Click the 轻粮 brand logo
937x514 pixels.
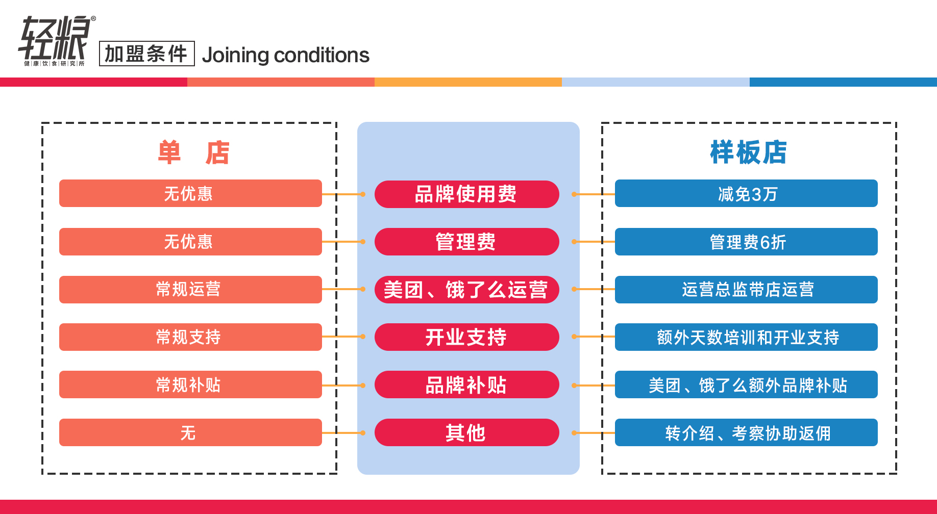coord(56,41)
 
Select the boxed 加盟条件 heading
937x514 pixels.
coord(146,54)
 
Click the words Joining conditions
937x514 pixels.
coord(285,55)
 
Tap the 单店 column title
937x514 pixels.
coord(193,152)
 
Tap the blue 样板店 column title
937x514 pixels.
coord(748,152)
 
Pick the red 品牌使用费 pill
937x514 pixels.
coord(466,194)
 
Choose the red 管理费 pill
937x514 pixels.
coord(466,242)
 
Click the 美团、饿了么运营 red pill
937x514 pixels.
coord(466,290)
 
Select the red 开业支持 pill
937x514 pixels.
coord(466,337)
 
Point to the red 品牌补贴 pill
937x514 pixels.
coord(466,384)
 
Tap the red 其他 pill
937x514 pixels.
coord(466,432)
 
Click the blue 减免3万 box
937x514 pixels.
coord(746,193)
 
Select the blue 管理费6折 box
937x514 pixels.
coord(746,242)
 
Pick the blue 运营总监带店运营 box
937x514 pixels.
coord(746,290)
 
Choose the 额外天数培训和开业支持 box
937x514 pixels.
coord(746,337)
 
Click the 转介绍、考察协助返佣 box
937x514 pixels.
coord(746,432)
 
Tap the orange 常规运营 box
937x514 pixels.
coord(190,290)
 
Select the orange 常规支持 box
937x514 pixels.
coord(190,337)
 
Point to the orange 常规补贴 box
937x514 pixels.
coord(190,384)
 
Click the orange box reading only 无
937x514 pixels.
coord(190,432)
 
